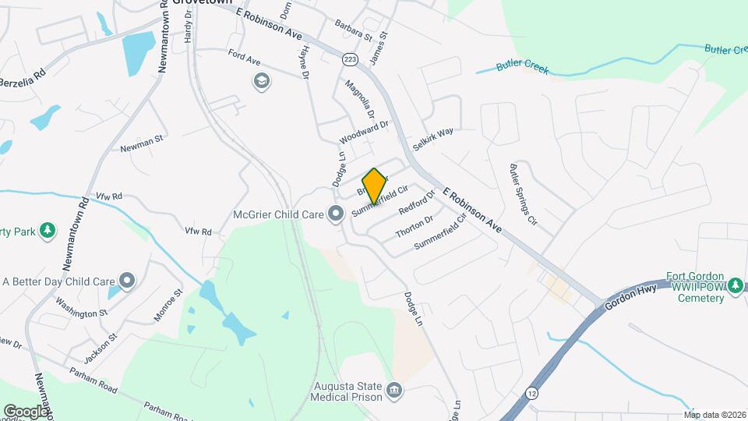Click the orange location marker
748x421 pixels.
pyautogui.click(x=374, y=186)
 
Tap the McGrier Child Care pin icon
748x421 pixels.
pyautogui.click(x=336, y=213)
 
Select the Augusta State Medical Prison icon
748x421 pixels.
pyautogui.click(x=394, y=389)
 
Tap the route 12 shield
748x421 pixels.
pyautogui.click(x=531, y=392)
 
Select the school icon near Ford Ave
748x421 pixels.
pyautogui.click(x=262, y=81)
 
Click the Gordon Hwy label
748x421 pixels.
pyautogui.click(x=633, y=294)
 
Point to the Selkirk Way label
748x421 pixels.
pyautogui.click(x=433, y=139)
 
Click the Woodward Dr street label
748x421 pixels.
pyautogui.click(x=363, y=133)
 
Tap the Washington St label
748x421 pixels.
pyautogui.click(x=82, y=311)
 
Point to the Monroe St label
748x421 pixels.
pyautogui.click(x=168, y=305)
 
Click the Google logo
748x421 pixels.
pyautogui.click(x=25, y=411)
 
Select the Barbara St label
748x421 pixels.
pyautogui.click(x=349, y=29)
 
